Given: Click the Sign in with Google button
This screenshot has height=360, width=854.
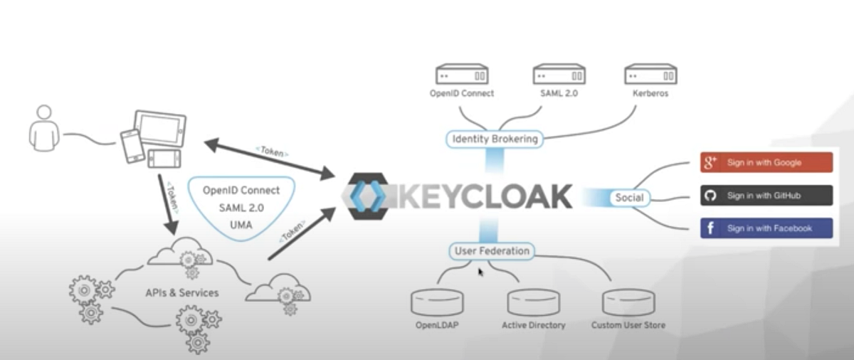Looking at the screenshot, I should click(x=766, y=162).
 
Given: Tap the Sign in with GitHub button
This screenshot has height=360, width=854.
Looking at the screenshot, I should click(x=766, y=195).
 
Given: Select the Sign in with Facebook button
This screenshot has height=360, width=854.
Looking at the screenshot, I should click(x=766, y=228).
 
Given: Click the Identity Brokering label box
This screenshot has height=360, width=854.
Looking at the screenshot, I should click(x=495, y=139).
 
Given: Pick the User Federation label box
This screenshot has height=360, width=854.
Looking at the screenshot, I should click(x=492, y=250).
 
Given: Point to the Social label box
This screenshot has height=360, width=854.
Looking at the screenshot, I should click(x=629, y=197).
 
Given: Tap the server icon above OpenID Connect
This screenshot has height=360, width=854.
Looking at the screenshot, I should click(x=461, y=75).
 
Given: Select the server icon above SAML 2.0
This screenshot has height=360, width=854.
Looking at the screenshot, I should click(x=559, y=75).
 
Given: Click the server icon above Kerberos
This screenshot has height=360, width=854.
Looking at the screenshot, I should click(x=650, y=75).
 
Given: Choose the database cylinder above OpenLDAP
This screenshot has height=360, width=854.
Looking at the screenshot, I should click(x=437, y=302).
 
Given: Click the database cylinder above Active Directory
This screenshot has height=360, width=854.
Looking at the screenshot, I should click(x=533, y=302).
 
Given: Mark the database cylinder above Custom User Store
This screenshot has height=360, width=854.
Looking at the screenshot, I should click(x=628, y=302).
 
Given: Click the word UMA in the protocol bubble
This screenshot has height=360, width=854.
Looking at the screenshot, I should click(x=241, y=224).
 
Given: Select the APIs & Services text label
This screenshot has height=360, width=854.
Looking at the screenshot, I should click(x=182, y=292).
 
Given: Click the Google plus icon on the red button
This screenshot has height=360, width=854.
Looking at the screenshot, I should click(x=710, y=162).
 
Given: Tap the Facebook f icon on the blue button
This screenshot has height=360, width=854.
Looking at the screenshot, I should click(x=710, y=228).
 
